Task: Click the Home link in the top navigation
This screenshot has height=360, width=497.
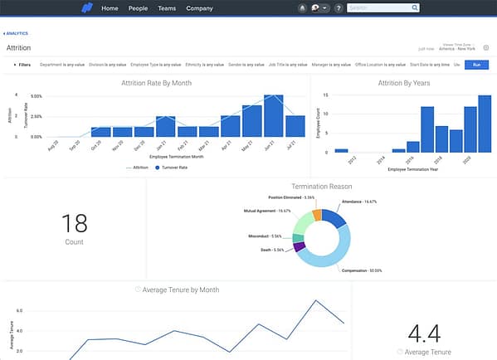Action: pyautogui.click(x=110, y=8)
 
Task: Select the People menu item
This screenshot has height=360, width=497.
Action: pyautogui.click(x=139, y=8)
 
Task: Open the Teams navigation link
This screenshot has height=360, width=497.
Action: pyautogui.click(x=168, y=8)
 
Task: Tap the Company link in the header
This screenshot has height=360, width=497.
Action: pyautogui.click(x=199, y=8)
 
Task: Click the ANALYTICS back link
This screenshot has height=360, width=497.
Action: pyautogui.click(x=16, y=33)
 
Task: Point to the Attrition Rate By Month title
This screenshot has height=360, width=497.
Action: pyautogui.click(x=158, y=82)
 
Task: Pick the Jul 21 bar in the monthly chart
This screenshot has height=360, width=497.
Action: pyautogui.click(x=295, y=126)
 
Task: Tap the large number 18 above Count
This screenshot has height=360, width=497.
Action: pyautogui.click(x=75, y=221)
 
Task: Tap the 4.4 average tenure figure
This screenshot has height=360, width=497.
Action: pyautogui.click(x=423, y=333)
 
